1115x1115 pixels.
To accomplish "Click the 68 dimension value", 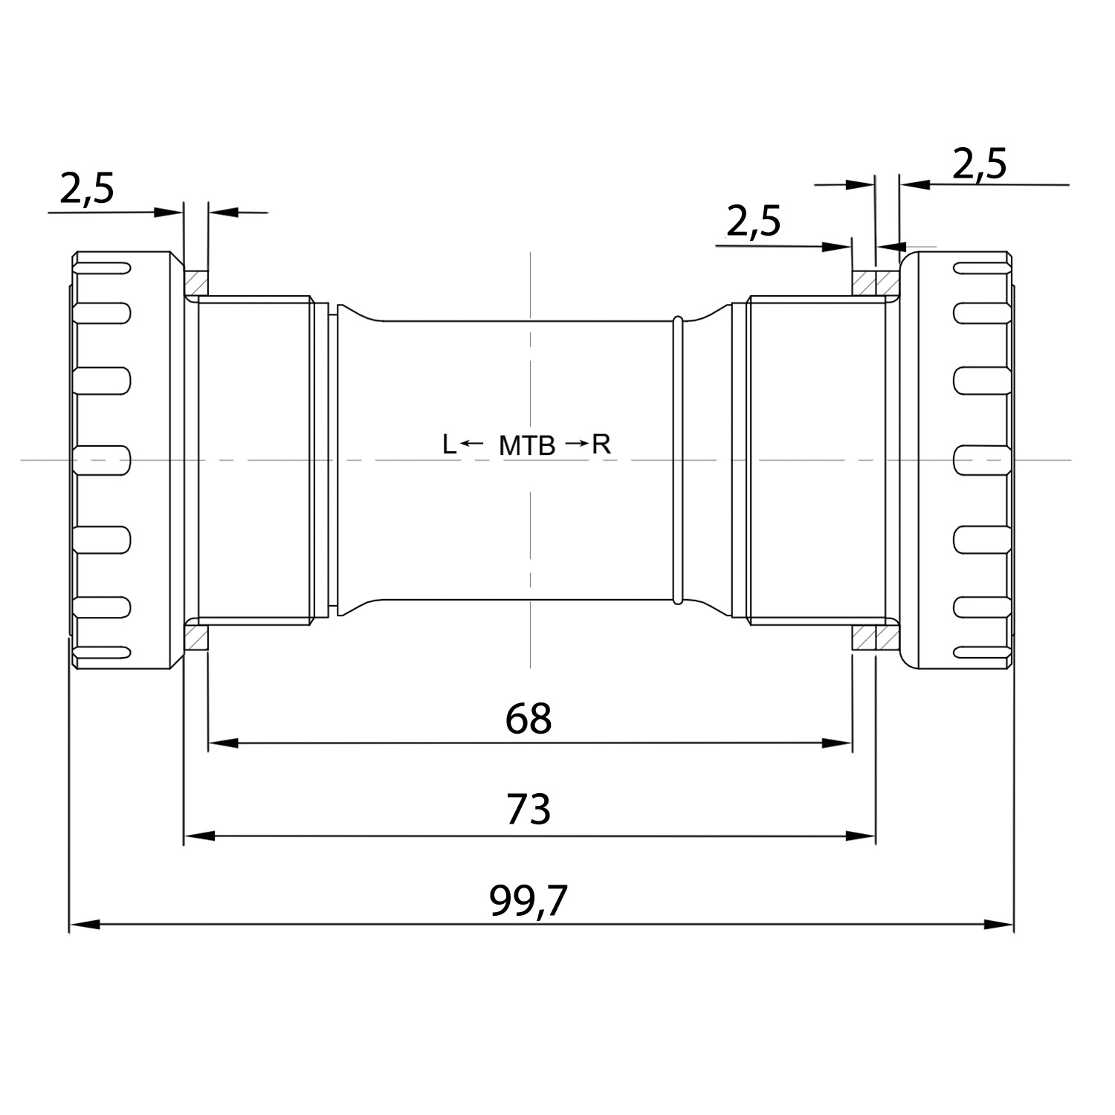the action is coord(529,718).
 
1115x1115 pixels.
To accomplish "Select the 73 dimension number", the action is coord(529,809).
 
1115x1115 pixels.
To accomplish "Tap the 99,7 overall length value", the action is coord(529,901).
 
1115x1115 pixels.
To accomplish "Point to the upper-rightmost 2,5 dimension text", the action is coord(979,164).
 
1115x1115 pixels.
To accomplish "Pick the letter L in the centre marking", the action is coord(448,445).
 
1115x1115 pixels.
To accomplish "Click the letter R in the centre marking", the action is coord(601,445).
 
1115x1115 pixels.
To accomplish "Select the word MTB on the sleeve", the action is coord(527,446).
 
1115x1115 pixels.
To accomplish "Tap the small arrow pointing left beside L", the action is coord(472,444).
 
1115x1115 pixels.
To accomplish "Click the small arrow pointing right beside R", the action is coord(576,444).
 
